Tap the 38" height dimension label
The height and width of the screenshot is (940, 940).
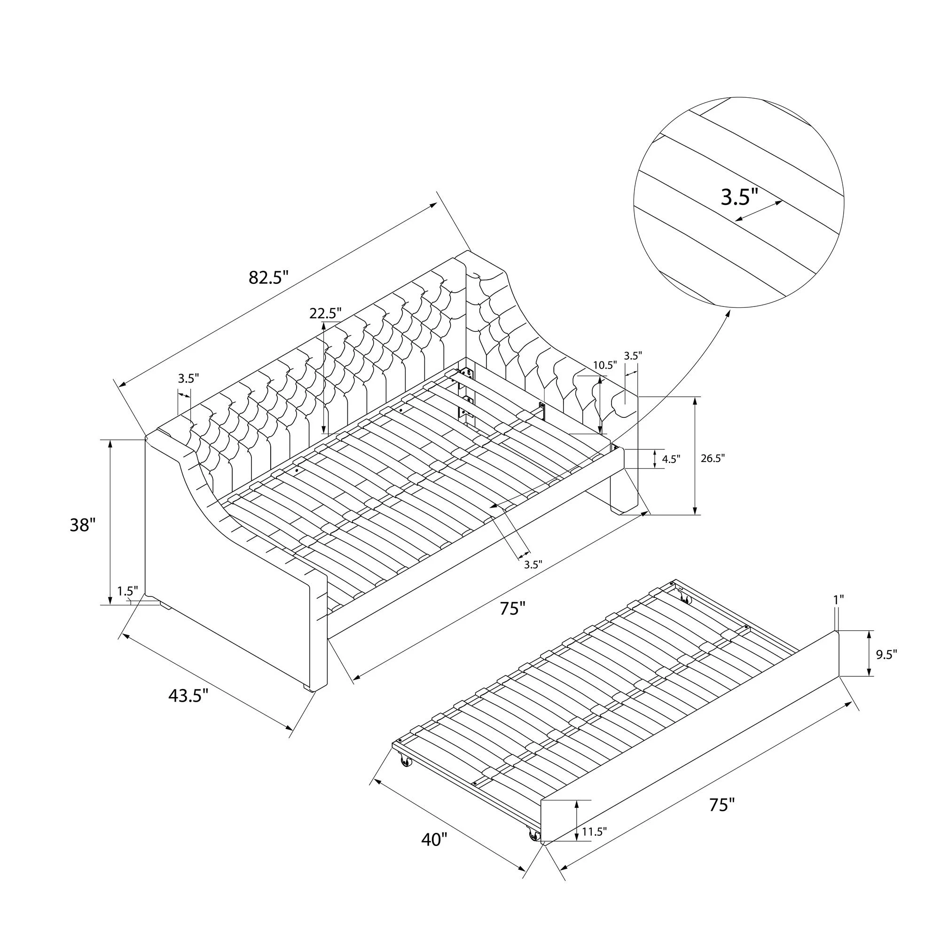[80, 525]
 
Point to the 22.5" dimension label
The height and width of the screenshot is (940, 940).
[326, 313]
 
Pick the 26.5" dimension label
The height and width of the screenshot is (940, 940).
[713, 458]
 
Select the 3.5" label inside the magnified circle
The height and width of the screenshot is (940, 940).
[739, 197]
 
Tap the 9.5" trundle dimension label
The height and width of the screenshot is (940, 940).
[886, 654]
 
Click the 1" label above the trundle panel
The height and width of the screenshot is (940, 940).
[838, 599]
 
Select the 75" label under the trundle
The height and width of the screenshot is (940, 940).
[721, 805]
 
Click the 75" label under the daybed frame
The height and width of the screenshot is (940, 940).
[513, 608]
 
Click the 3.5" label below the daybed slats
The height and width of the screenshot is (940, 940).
[533, 564]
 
